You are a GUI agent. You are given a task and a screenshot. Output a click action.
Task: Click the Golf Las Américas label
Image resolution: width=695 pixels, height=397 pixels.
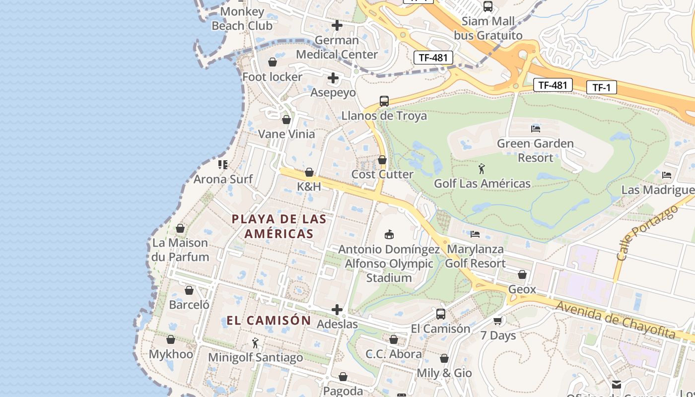click(x=482, y=184)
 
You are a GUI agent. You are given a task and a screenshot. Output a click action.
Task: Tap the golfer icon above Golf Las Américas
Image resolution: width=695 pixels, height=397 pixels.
click(x=482, y=169)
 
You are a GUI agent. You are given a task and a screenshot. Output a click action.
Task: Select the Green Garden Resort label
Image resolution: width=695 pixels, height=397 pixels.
click(x=535, y=150)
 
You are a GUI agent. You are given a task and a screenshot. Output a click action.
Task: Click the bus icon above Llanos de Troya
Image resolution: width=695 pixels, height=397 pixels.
click(x=384, y=101)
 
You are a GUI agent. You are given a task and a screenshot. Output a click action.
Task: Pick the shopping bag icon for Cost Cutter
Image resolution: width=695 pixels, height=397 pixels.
click(x=382, y=160)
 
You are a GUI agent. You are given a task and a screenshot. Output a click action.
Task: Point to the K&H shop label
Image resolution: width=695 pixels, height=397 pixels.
click(x=309, y=187)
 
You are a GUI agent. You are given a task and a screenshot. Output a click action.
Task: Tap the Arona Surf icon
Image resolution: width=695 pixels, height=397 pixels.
click(x=223, y=164)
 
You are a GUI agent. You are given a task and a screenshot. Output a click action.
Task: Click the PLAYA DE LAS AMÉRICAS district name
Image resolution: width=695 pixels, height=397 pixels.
click(x=279, y=226)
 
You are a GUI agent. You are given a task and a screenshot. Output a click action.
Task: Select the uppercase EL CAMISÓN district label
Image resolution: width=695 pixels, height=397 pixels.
click(x=269, y=321)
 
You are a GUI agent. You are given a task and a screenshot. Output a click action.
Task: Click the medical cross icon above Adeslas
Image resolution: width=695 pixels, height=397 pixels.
click(x=337, y=310)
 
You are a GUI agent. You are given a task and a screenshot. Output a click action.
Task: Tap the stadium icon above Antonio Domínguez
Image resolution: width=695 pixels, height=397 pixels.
click(x=389, y=234)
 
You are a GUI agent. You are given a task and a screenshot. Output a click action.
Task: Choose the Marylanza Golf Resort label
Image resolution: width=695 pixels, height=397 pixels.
click(x=475, y=256)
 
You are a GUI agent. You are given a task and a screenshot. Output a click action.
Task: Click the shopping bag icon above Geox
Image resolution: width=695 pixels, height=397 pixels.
click(x=522, y=274)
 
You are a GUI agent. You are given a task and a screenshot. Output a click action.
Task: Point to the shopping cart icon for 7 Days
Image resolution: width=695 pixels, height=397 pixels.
click(x=498, y=321)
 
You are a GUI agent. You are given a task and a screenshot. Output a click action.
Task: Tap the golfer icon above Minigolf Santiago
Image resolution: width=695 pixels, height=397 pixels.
click(x=255, y=343)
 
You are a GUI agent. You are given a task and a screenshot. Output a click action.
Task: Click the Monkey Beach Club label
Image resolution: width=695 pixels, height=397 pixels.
click(x=242, y=18)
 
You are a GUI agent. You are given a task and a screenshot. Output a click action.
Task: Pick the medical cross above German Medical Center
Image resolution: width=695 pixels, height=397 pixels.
click(x=337, y=25)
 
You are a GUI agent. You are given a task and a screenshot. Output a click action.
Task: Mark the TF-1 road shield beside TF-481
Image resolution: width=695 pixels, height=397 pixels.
click(x=601, y=88)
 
